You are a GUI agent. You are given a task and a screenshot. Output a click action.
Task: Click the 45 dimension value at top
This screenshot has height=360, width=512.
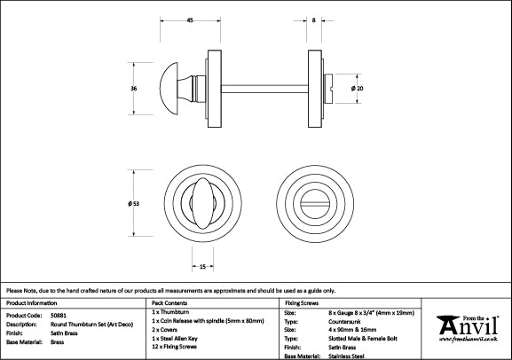(190, 20)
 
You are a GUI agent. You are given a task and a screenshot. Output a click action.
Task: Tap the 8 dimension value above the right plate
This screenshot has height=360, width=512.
(314, 20)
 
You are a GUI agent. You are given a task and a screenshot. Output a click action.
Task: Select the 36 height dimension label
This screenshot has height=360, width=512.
(134, 88)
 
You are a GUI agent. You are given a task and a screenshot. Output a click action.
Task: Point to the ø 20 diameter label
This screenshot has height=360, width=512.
(358, 88)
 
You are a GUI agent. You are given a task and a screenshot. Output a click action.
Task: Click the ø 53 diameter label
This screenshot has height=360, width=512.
(134, 203)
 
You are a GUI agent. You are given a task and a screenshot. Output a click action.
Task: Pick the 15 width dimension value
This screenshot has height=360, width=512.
(202, 267)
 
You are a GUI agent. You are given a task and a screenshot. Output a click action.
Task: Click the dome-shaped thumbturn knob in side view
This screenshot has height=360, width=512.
(169, 89)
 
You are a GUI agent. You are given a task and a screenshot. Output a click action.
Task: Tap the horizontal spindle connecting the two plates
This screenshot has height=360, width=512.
(264, 89)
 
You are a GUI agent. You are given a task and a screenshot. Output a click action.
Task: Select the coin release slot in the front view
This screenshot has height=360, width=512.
(315, 204)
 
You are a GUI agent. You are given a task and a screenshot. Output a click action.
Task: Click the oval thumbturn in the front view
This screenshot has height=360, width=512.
(203, 203)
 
